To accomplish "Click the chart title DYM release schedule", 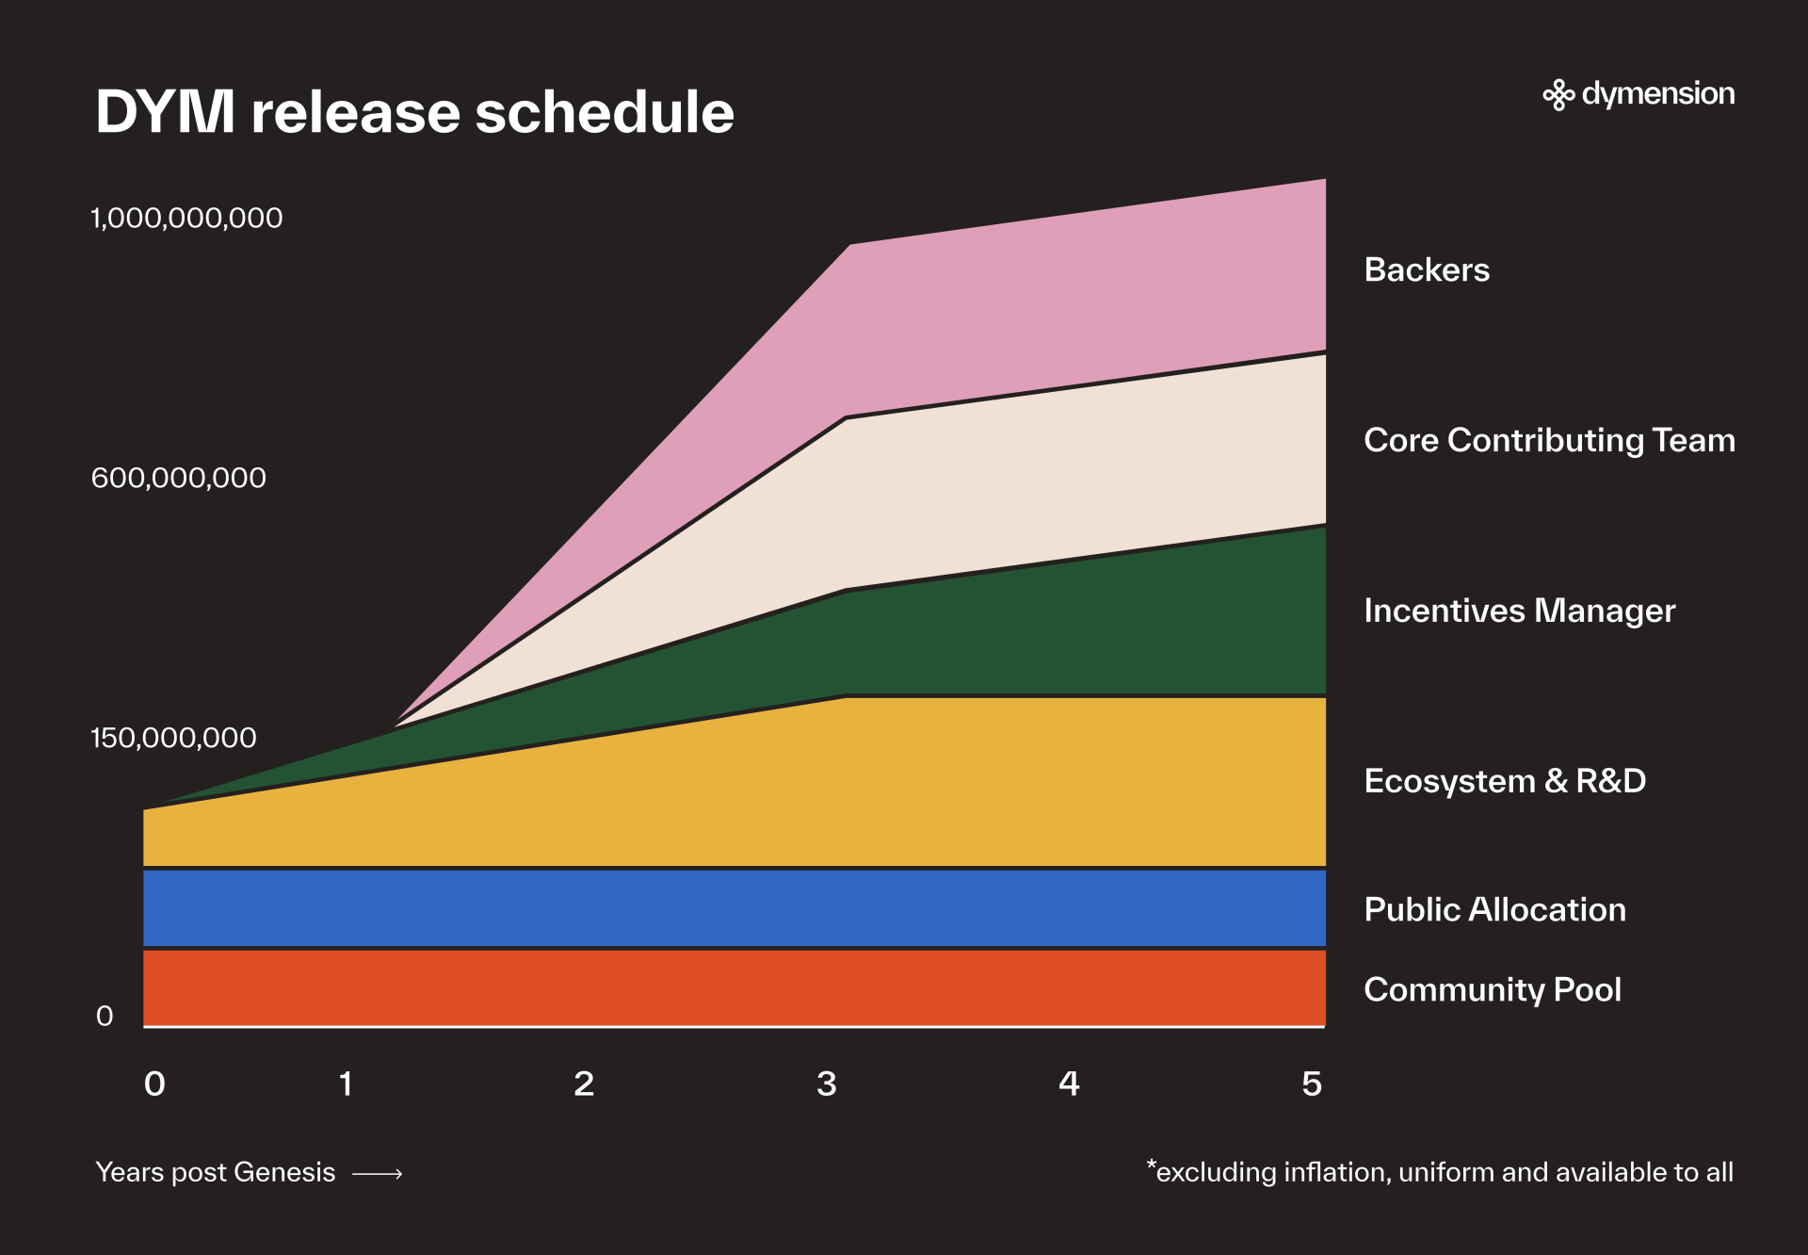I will click(414, 113).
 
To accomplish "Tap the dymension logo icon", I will click(1558, 95).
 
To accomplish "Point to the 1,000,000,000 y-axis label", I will click(186, 219).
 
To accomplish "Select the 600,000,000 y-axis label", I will click(178, 479).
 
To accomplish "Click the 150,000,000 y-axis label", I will click(173, 738).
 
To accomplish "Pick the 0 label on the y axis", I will click(105, 1017).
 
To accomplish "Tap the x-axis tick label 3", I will click(827, 1084).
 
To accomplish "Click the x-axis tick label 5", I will click(1312, 1084).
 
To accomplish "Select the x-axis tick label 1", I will click(346, 1084).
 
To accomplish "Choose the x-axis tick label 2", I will click(584, 1084).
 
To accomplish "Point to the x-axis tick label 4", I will click(1069, 1084).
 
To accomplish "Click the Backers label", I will click(1427, 270).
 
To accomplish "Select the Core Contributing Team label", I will click(1549, 441).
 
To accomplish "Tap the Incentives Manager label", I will click(1519, 611).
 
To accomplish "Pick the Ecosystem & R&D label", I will click(1505, 781).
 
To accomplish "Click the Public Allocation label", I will click(1494, 910).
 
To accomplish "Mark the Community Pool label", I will click(1493, 990).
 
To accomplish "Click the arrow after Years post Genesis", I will click(378, 1174).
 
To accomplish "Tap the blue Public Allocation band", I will click(734, 908).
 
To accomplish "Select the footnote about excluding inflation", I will click(1440, 1172).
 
